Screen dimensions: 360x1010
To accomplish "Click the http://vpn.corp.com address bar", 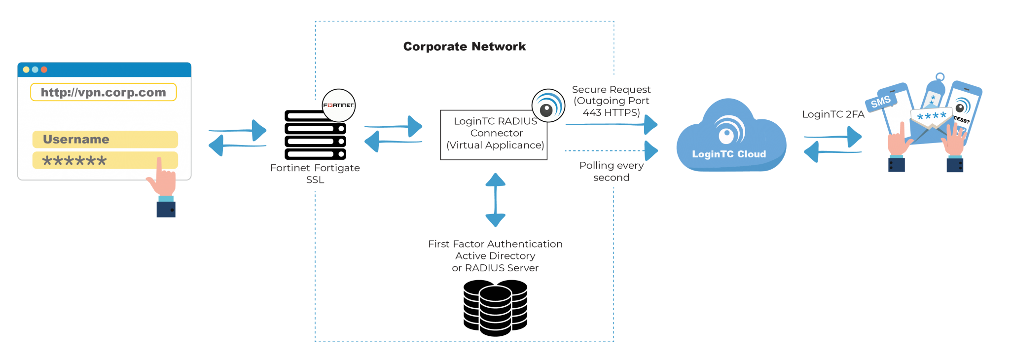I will tap(103, 92).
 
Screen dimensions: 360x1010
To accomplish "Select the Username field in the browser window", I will tap(105, 139).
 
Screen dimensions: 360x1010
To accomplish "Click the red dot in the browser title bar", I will tap(44, 70).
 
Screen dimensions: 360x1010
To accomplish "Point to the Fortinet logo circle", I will tap(338, 105).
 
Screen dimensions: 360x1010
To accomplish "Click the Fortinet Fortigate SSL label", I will tap(315, 174).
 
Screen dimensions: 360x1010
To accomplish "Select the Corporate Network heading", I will tap(464, 46).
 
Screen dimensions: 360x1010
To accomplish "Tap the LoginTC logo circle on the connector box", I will tap(548, 106).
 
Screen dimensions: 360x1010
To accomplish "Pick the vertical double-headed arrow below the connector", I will tap(495, 200).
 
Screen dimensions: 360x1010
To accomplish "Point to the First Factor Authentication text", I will tap(495, 244).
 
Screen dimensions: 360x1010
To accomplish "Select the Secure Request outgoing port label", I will tap(611, 101).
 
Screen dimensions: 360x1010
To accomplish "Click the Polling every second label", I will tap(611, 171).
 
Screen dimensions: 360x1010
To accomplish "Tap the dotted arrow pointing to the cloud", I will tap(612, 150).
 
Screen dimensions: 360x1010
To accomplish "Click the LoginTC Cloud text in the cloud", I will tap(729, 154).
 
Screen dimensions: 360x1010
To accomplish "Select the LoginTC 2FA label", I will tap(833, 114).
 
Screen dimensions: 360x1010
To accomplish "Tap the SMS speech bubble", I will tap(880, 102).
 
